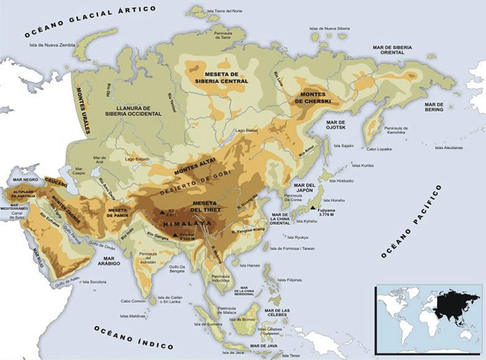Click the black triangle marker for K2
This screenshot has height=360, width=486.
click(x=162, y=212)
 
